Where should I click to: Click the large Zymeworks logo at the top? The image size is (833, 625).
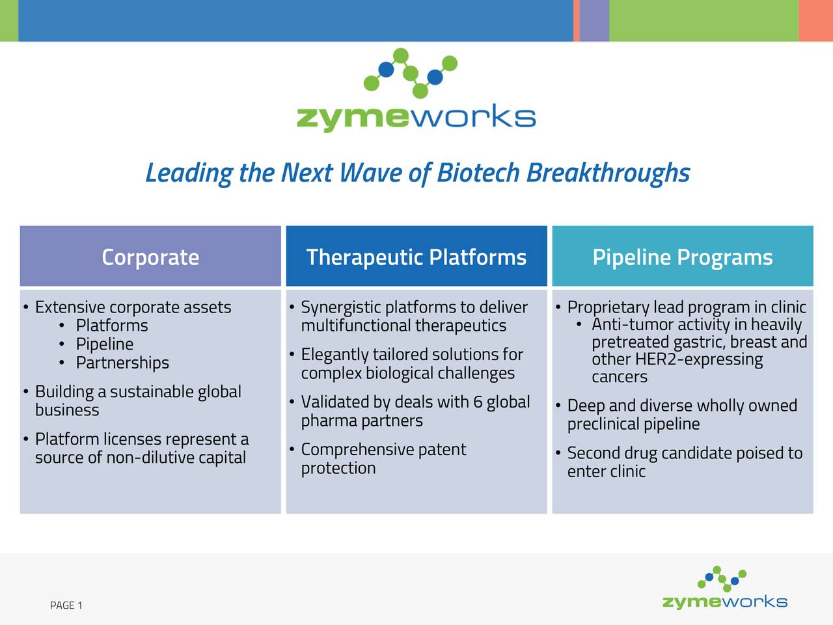click(x=416, y=91)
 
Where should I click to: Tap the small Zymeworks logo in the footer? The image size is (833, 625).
click(x=724, y=589)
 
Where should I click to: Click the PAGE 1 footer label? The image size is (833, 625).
click(x=66, y=605)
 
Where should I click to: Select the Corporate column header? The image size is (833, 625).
click(x=150, y=257)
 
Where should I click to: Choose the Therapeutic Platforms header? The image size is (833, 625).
click(x=416, y=257)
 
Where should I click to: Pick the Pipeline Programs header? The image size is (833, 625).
click(x=683, y=257)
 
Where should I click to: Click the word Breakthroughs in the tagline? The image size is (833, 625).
click(x=608, y=173)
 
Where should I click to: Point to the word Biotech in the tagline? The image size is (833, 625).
click(x=478, y=173)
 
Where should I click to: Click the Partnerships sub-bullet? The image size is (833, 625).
click(x=122, y=363)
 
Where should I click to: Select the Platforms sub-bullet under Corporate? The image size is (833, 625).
click(x=112, y=326)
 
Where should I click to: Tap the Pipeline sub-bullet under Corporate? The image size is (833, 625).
click(x=105, y=344)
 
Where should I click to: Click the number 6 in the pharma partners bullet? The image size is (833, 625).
click(x=478, y=402)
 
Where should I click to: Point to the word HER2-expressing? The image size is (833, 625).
click(x=698, y=359)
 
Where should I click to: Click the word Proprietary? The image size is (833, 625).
click(x=608, y=307)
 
